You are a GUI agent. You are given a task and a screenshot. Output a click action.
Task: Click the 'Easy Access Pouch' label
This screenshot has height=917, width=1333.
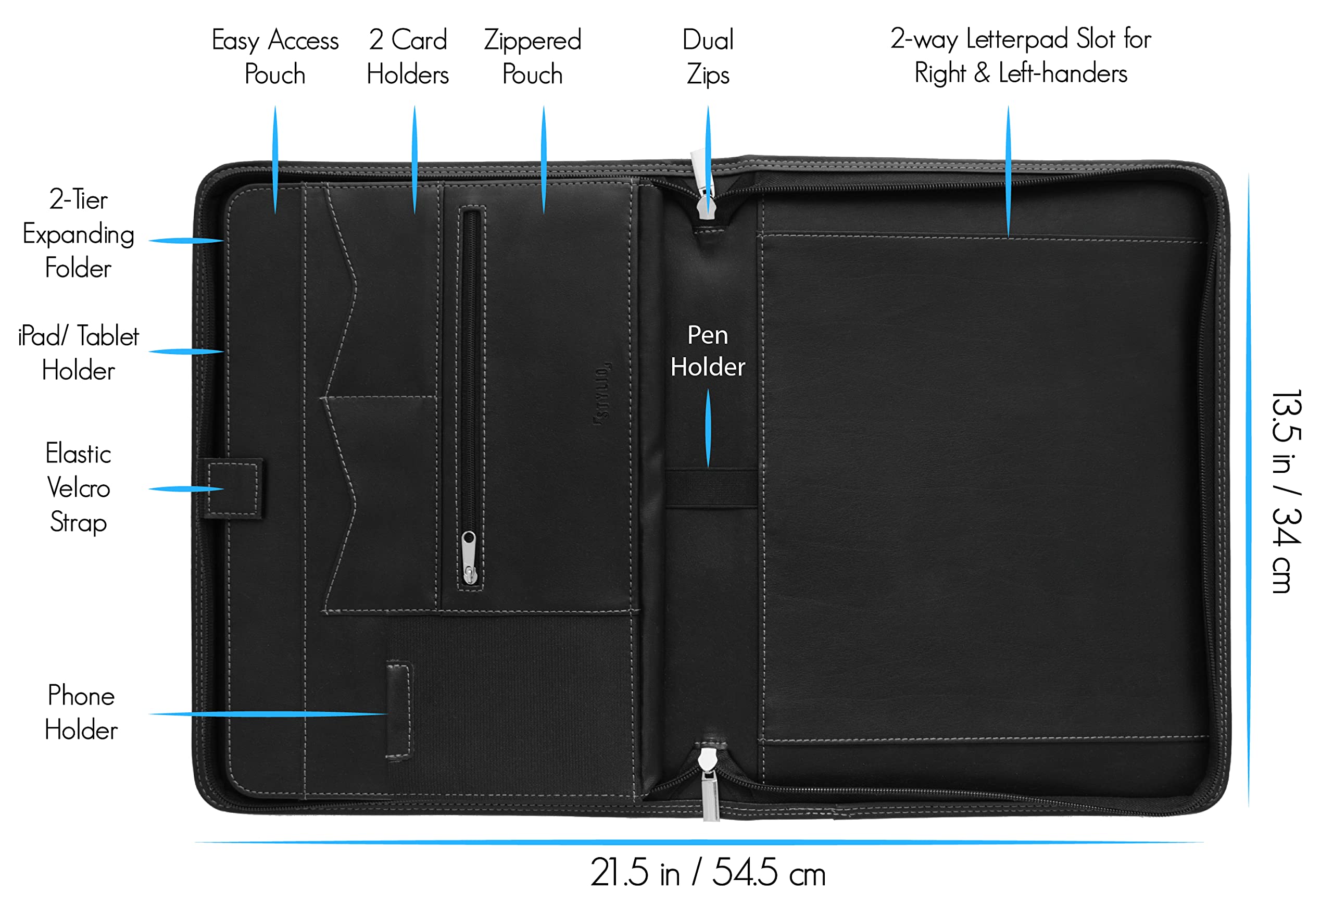pos(275,57)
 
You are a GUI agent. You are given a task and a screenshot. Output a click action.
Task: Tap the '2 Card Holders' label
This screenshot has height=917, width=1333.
pos(408,57)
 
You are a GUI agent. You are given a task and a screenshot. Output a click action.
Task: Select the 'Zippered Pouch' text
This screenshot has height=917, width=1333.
pos(533,57)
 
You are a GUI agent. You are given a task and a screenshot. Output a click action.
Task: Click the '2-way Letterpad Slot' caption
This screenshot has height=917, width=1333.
pos(1021,56)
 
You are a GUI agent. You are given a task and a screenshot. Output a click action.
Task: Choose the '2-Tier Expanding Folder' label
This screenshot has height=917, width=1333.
pos(79,234)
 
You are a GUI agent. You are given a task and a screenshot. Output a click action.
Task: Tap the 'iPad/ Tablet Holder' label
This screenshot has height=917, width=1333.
pos(79,353)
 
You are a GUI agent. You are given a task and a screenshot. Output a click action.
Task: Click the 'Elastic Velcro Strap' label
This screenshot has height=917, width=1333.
pos(79,488)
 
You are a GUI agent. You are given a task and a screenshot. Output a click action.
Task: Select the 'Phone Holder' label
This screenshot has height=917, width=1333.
pos(81,712)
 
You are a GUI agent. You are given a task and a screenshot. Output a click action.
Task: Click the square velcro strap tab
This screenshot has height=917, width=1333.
pos(233,488)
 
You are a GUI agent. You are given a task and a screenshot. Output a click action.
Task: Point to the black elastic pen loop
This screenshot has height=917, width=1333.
pos(711,488)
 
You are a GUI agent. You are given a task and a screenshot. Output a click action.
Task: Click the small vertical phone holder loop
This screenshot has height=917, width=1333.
pos(399,711)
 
